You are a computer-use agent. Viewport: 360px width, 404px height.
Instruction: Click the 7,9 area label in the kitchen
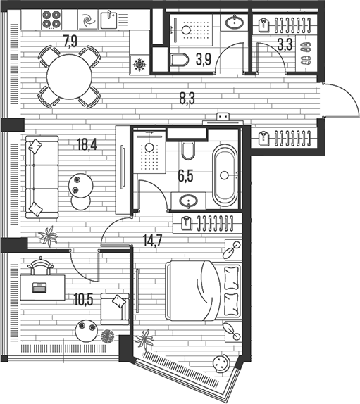coord(70,40)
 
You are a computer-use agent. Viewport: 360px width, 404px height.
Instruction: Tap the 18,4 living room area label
coord(87,146)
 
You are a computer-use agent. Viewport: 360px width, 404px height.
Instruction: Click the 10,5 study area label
coord(84,298)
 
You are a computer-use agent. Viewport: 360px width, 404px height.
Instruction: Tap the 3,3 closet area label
coord(285,46)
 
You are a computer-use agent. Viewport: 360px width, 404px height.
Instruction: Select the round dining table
coord(68,75)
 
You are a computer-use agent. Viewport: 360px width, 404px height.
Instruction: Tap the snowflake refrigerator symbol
coord(139,65)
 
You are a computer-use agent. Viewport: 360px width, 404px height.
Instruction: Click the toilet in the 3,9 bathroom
coord(179,60)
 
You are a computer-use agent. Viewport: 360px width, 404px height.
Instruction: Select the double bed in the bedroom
coord(203,289)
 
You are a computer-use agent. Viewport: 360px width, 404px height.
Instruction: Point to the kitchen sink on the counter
coord(109,19)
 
